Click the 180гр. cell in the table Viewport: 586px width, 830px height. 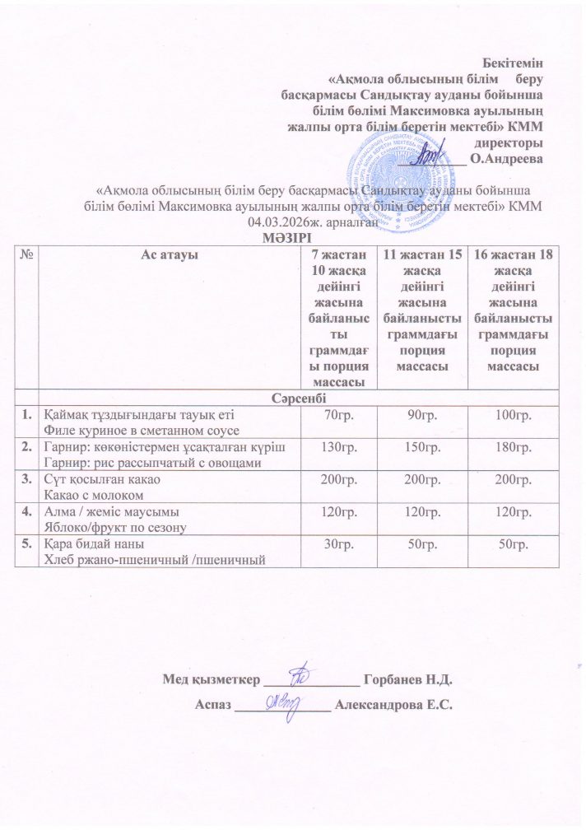506,445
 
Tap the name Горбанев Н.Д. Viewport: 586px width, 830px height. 408,679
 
